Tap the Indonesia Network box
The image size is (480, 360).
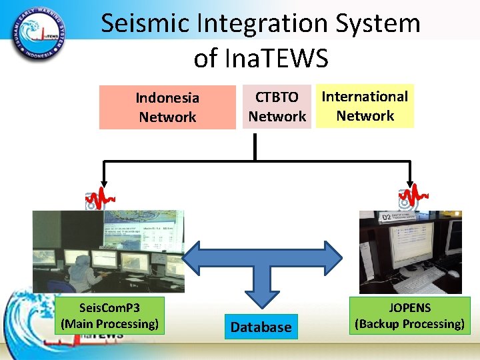167,107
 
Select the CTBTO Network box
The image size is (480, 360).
277,107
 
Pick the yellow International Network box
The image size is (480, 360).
365,106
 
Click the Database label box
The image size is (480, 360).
261,327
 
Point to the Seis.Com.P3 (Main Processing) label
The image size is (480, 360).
110,316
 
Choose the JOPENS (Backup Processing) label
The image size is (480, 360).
409,316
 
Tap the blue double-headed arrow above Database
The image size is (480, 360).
261,256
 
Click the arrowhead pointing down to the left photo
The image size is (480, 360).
103,180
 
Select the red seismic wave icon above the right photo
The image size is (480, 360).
413,197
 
